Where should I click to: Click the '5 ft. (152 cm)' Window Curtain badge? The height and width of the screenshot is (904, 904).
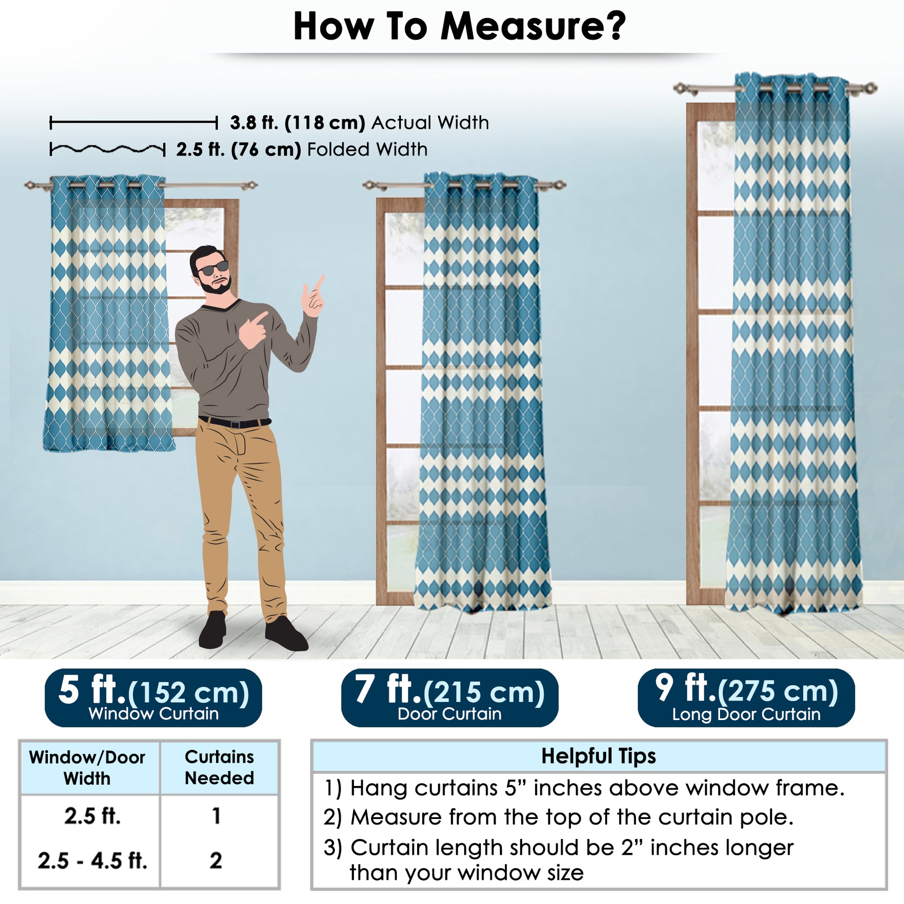click(153, 698)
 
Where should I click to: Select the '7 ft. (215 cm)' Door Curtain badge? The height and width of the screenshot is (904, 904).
click(450, 698)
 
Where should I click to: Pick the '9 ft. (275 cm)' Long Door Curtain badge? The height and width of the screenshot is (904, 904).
click(747, 698)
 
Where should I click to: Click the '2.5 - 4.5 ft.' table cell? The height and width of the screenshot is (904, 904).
click(92, 860)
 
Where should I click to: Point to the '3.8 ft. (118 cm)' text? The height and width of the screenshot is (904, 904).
click(298, 123)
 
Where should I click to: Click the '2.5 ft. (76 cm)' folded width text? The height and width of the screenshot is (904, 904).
click(239, 150)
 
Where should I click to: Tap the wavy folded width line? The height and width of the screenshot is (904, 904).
click(108, 149)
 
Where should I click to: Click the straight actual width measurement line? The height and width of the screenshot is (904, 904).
click(134, 123)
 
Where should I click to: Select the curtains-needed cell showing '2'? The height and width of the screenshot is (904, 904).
click(216, 860)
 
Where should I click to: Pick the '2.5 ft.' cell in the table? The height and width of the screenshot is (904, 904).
click(92, 816)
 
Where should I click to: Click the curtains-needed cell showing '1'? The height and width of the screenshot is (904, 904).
click(216, 816)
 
